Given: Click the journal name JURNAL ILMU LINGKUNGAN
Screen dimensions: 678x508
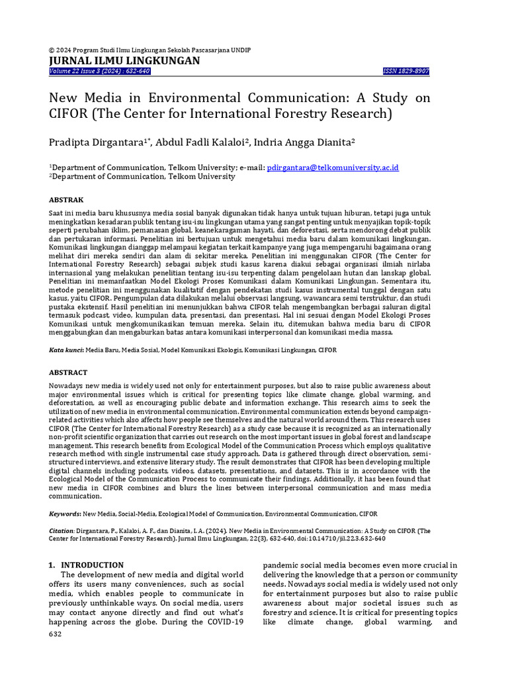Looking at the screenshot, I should pyautogui.click(x=124, y=61).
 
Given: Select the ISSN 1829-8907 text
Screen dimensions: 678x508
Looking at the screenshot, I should pyautogui.click(x=406, y=72).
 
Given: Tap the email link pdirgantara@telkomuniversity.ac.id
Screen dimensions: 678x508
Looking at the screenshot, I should pyautogui.click(x=333, y=168).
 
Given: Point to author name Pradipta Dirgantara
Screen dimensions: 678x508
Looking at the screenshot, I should pyautogui.click(x=98, y=142).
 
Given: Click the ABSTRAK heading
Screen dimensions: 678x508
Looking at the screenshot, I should pyautogui.click(x=67, y=199).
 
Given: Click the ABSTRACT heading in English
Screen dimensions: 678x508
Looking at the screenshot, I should pyautogui.click(x=68, y=373).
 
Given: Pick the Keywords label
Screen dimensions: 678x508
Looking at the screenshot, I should pyautogui.click(x=65, y=514).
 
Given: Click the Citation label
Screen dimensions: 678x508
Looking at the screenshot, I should pyautogui.click(x=63, y=530).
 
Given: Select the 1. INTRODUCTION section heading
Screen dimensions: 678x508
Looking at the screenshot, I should pyautogui.click(x=86, y=565).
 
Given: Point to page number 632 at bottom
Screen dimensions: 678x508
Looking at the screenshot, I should pyautogui.click(x=56, y=634).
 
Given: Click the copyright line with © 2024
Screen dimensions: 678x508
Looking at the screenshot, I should pyautogui.click(x=150, y=50).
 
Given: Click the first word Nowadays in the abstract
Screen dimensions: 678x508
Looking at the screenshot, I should pyautogui.click(x=69, y=385).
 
